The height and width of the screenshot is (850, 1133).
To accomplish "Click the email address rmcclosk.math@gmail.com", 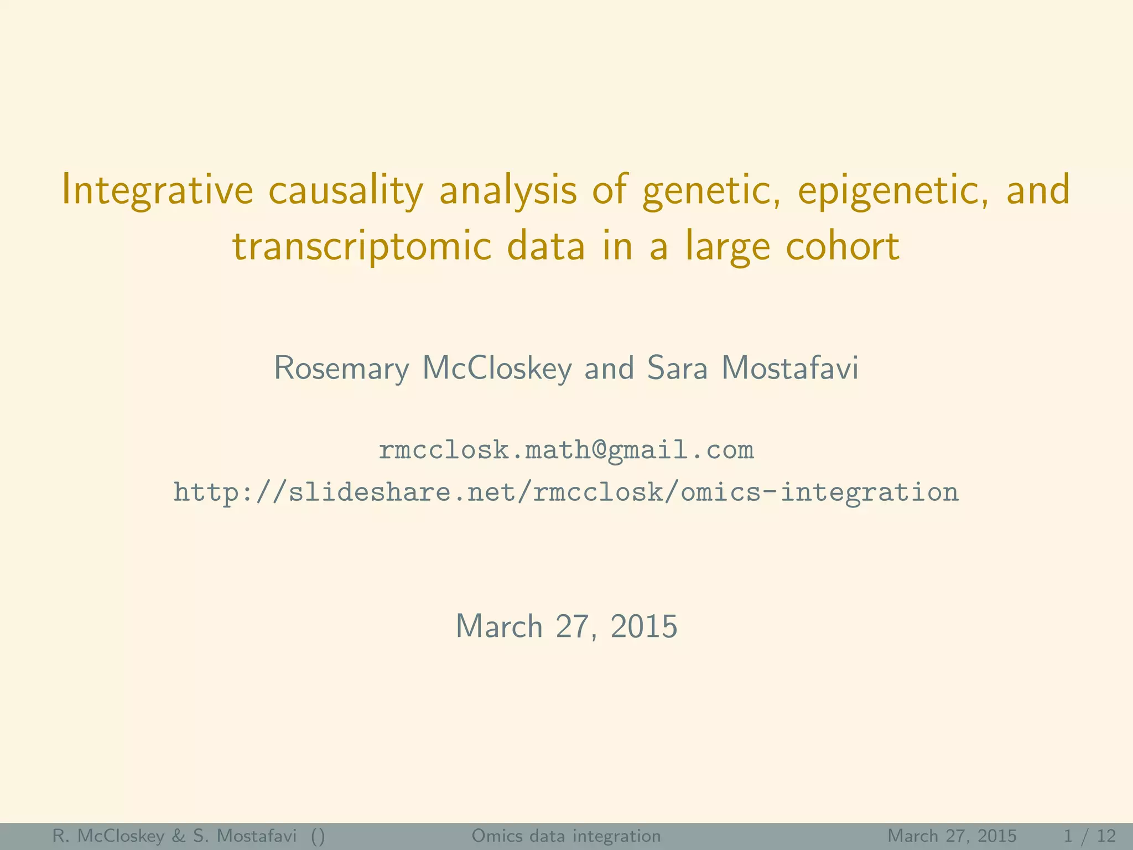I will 566,450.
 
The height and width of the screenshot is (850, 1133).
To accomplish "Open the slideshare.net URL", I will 566,492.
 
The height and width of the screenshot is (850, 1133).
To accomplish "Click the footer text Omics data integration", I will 566,836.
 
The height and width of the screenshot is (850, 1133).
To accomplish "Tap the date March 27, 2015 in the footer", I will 952,836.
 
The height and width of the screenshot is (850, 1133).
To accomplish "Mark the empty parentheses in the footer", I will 318,836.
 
